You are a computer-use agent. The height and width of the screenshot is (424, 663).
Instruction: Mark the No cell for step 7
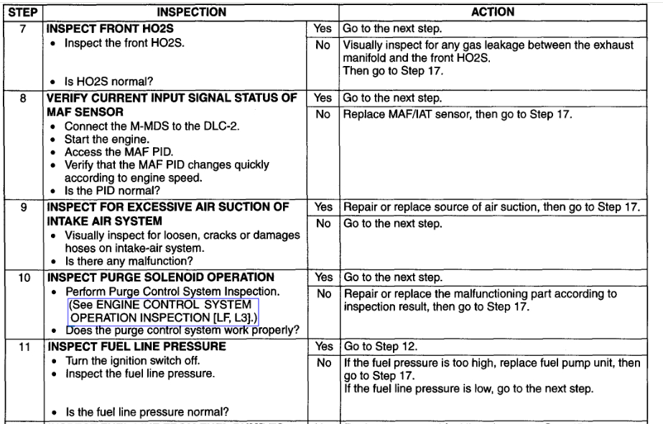322,45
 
